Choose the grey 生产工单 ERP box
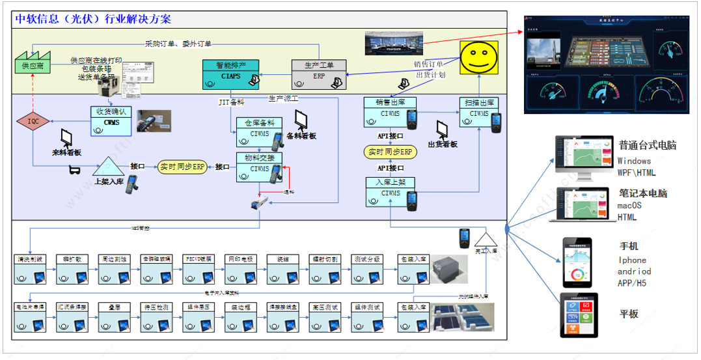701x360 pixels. pyautogui.click(x=319, y=75)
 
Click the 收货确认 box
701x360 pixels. pyautogui.click(x=111, y=121)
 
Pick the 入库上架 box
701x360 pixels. pyautogui.click(x=391, y=192)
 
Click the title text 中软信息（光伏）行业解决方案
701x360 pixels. pyautogui.click(x=94, y=19)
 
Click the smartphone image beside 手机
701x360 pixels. pyautogui.click(x=577, y=262)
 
